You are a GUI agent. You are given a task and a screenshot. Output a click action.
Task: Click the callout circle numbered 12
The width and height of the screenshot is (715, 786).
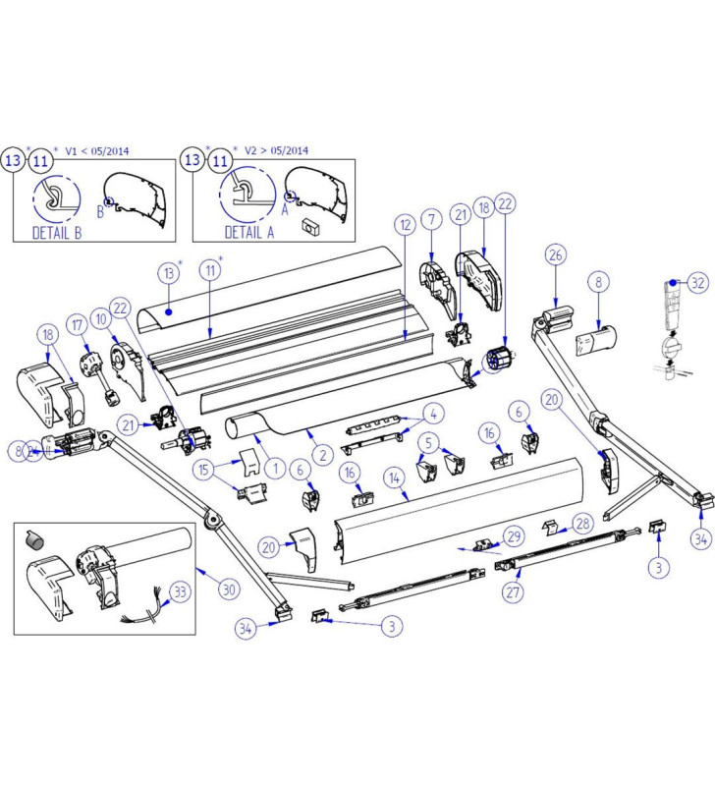coord(406,223)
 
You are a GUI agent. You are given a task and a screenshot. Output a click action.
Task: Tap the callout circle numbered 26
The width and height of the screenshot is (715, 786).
coord(556,255)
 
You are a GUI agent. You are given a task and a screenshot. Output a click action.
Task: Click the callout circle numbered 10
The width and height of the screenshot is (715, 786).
coord(101,319)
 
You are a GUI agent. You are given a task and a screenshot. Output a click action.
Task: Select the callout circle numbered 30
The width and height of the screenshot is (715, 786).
coord(227,589)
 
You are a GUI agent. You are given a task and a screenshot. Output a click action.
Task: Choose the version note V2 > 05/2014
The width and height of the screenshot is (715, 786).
coord(273,150)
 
